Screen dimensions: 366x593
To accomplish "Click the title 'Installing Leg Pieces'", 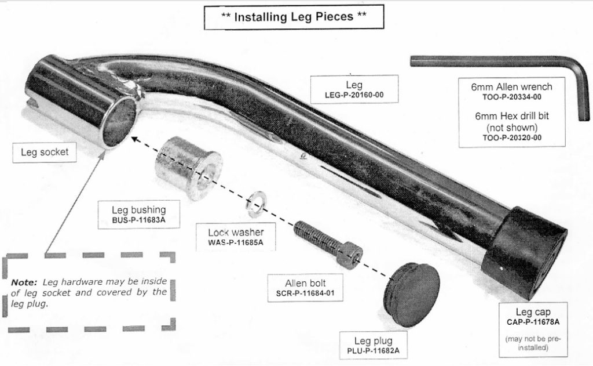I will click(294, 16).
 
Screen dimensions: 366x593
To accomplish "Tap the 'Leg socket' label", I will click(45, 153).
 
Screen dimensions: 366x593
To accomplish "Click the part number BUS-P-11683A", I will click(138, 221).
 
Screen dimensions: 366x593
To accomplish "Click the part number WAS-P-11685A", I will click(235, 242).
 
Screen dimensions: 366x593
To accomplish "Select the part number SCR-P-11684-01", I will click(310, 293).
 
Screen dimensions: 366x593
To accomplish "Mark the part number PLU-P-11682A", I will click(373, 350).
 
